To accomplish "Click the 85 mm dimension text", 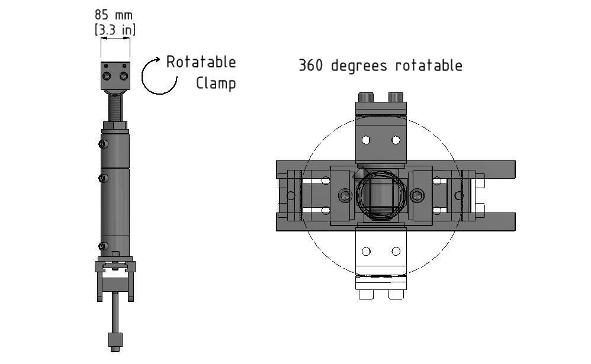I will [114, 14].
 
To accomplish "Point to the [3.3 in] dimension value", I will [115, 30].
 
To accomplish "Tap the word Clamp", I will [216, 82].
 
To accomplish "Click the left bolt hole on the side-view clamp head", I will [107, 77].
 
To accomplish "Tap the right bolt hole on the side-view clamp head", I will [123, 76].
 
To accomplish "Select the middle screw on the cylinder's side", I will [104, 178].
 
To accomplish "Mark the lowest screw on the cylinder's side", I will [104, 246].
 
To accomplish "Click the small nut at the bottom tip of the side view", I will [115, 340].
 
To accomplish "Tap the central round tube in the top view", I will [381, 195].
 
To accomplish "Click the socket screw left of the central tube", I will [345, 195].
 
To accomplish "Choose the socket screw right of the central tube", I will [418, 195].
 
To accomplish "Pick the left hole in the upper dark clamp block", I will [366, 140].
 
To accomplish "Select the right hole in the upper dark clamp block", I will [396, 140].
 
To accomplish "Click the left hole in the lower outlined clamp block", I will [366, 252].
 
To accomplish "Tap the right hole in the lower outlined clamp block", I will [396, 252].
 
